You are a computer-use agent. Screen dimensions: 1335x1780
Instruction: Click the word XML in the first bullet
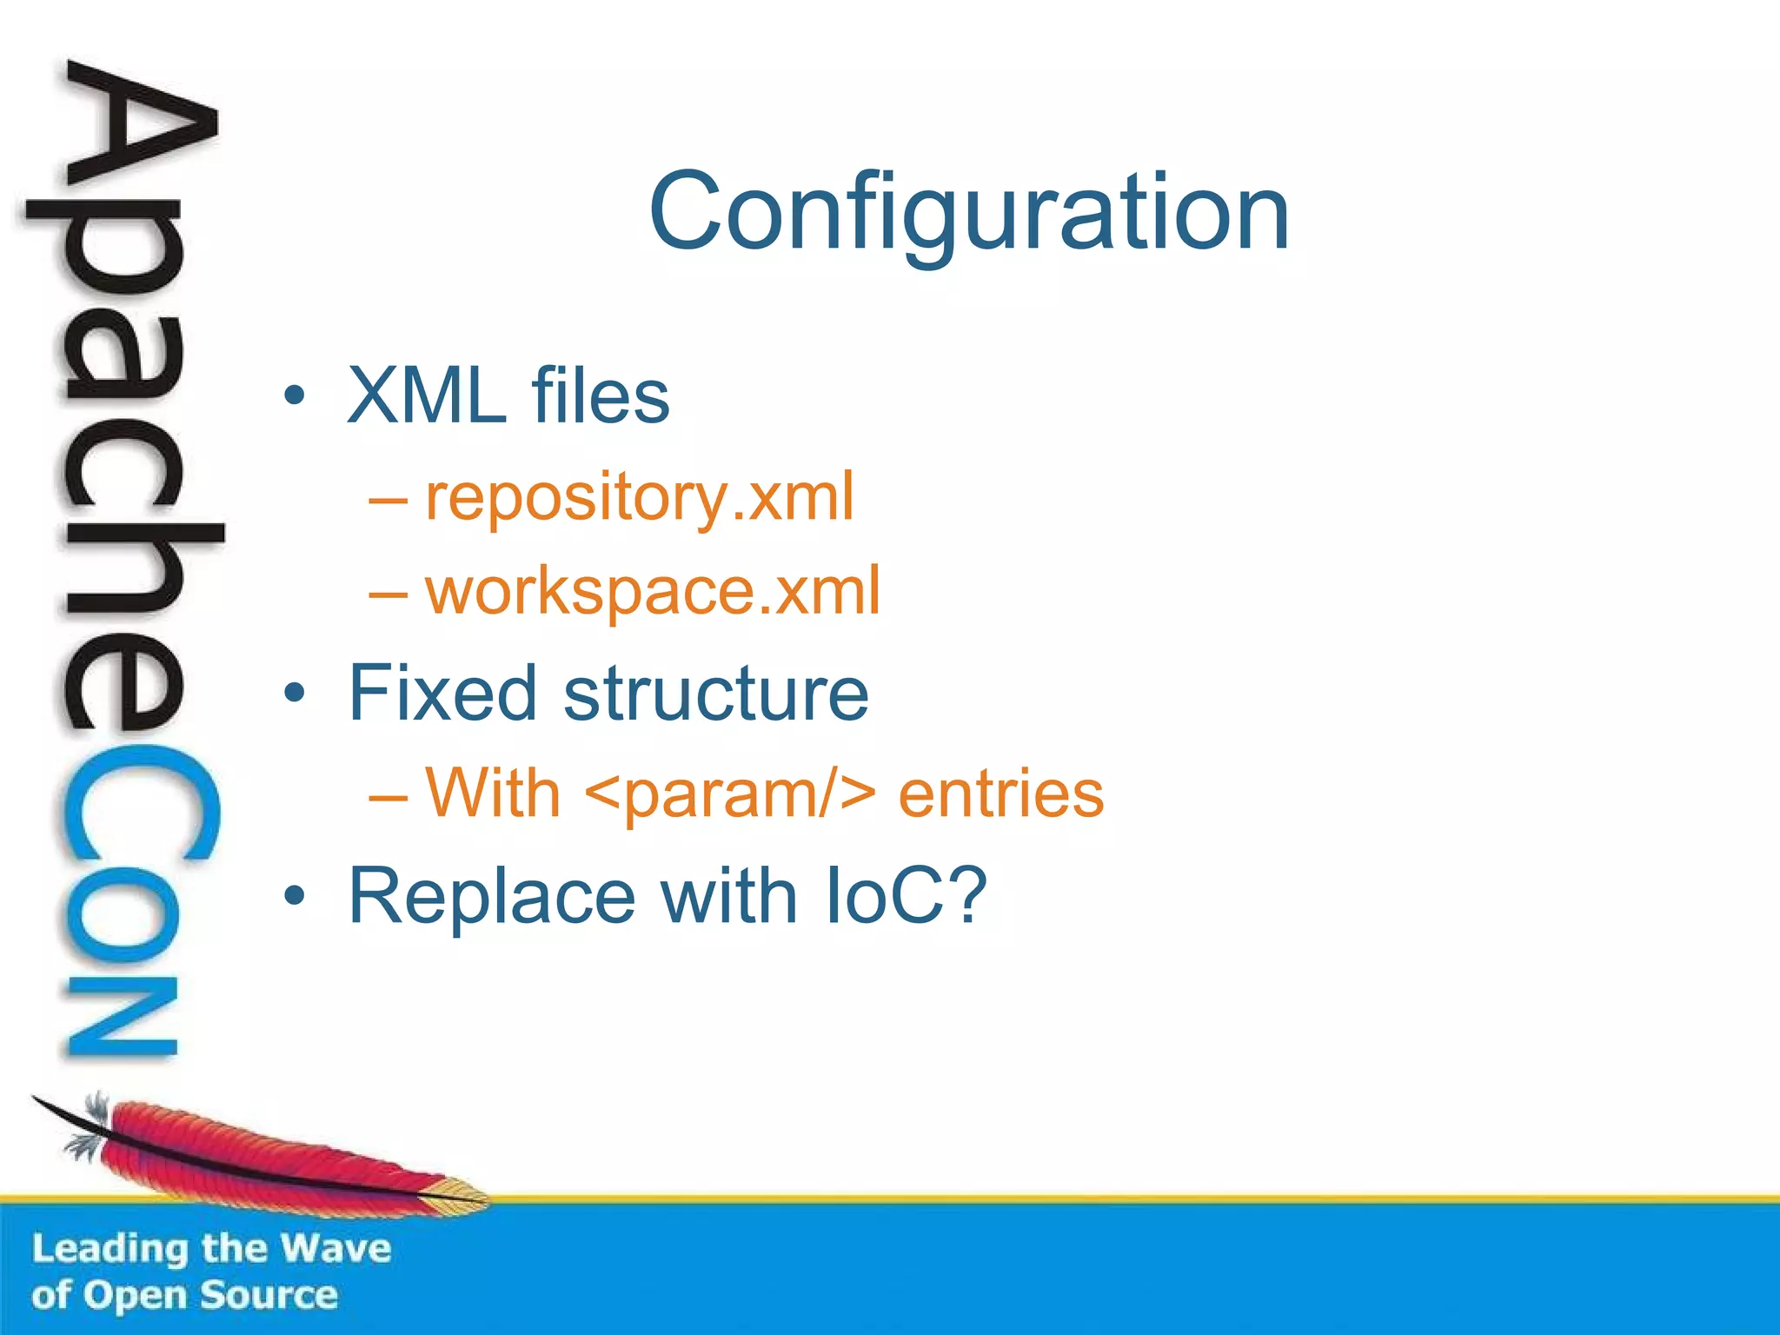click(427, 396)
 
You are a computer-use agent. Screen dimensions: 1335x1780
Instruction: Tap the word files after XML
click(601, 396)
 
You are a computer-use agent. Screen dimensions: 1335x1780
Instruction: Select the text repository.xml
click(640, 498)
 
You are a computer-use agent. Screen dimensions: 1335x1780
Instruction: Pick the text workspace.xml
click(653, 592)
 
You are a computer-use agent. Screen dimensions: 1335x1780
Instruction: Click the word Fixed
click(442, 693)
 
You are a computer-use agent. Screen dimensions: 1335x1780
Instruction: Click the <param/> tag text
click(730, 794)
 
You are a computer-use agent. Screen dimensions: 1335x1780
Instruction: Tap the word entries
click(1000, 794)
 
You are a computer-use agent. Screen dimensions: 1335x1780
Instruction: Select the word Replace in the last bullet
click(492, 896)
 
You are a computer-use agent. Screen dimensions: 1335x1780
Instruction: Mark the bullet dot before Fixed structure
click(295, 694)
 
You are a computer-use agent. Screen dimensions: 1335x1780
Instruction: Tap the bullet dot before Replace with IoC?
click(295, 896)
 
